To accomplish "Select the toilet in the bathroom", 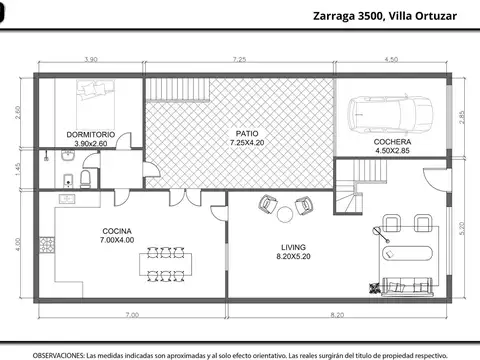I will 87,178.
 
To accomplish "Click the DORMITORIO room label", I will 91,134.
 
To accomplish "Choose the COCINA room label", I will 118,231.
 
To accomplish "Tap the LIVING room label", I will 293,247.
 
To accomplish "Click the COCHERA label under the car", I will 392,142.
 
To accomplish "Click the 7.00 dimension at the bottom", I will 131,315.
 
